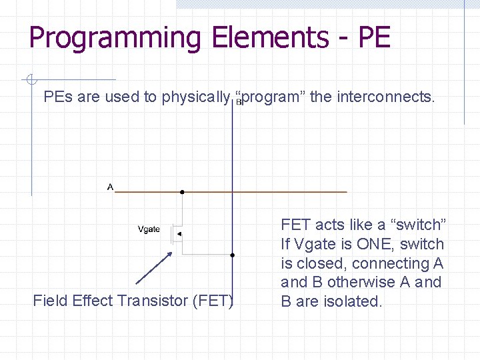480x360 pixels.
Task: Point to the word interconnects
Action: (x=385, y=97)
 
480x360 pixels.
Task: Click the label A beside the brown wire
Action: (x=110, y=187)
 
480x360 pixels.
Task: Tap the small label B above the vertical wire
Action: (x=239, y=102)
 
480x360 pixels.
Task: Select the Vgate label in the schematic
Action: (x=149, y=229)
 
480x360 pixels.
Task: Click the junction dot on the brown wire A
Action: (x=181, y=192)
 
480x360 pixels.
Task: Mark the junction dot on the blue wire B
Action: (x=232, y=255)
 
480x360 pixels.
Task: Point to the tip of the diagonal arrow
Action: (x=172, y=252)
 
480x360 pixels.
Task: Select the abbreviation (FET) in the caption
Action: (x=213, y=301)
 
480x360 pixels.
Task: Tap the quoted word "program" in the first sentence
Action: (x=270, y=97)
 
